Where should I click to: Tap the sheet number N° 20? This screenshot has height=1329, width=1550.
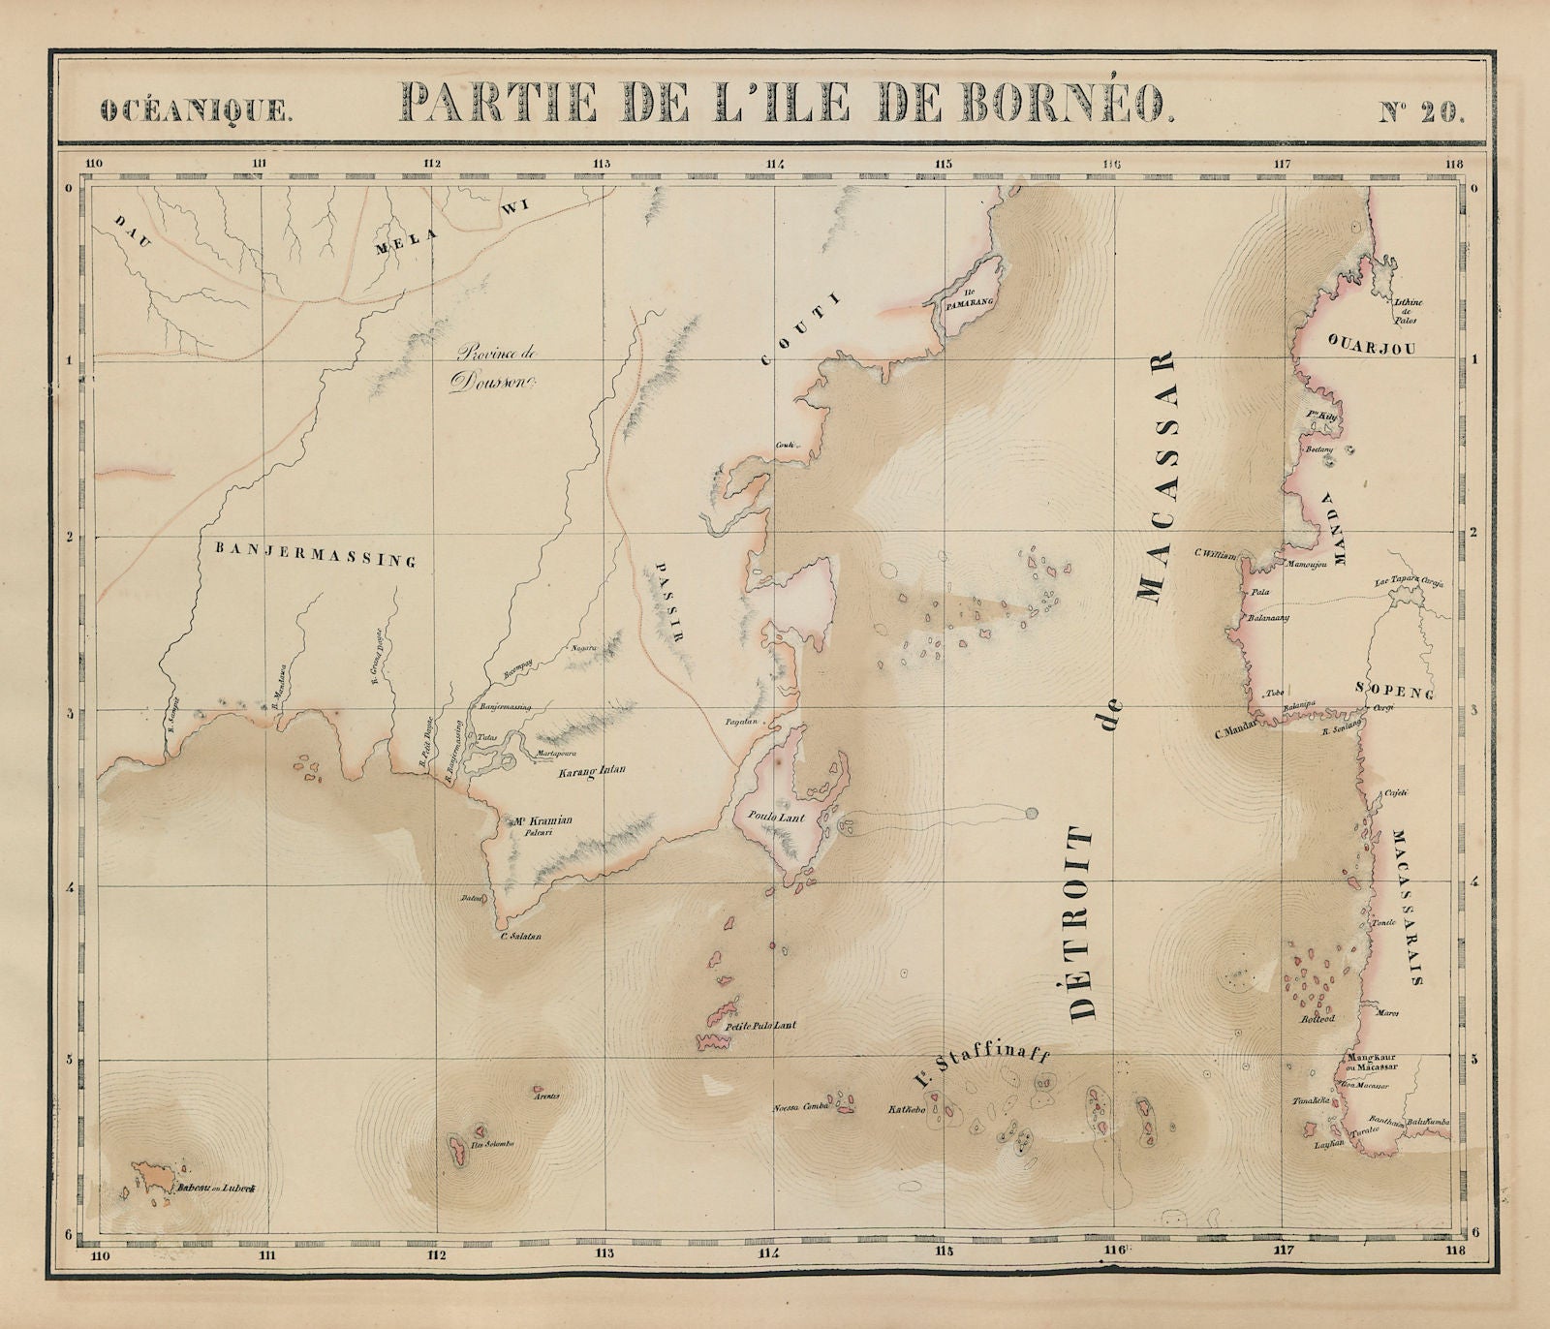pos(1421,108)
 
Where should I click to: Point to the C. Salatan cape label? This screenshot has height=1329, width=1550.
pos(519,937)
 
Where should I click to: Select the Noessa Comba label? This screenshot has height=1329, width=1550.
pos(799,1109)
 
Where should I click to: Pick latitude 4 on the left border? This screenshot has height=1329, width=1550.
pos(82,885)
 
